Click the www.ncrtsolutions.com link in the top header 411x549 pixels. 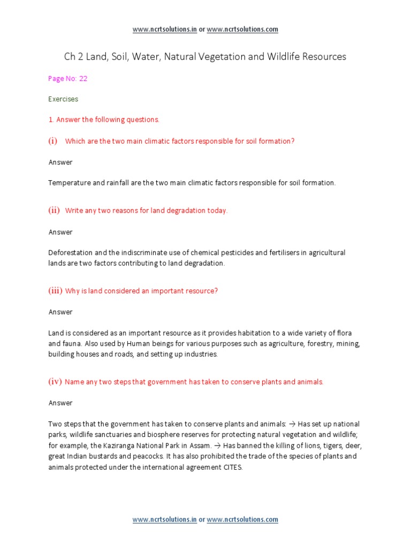click(242, 29)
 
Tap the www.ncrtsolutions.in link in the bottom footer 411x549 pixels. click(165, 520)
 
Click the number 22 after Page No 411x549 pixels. click(83, 78)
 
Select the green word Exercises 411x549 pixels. click(63, 99)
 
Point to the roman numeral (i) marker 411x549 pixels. click(53, 141)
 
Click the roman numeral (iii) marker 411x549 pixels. click(56, 291)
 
